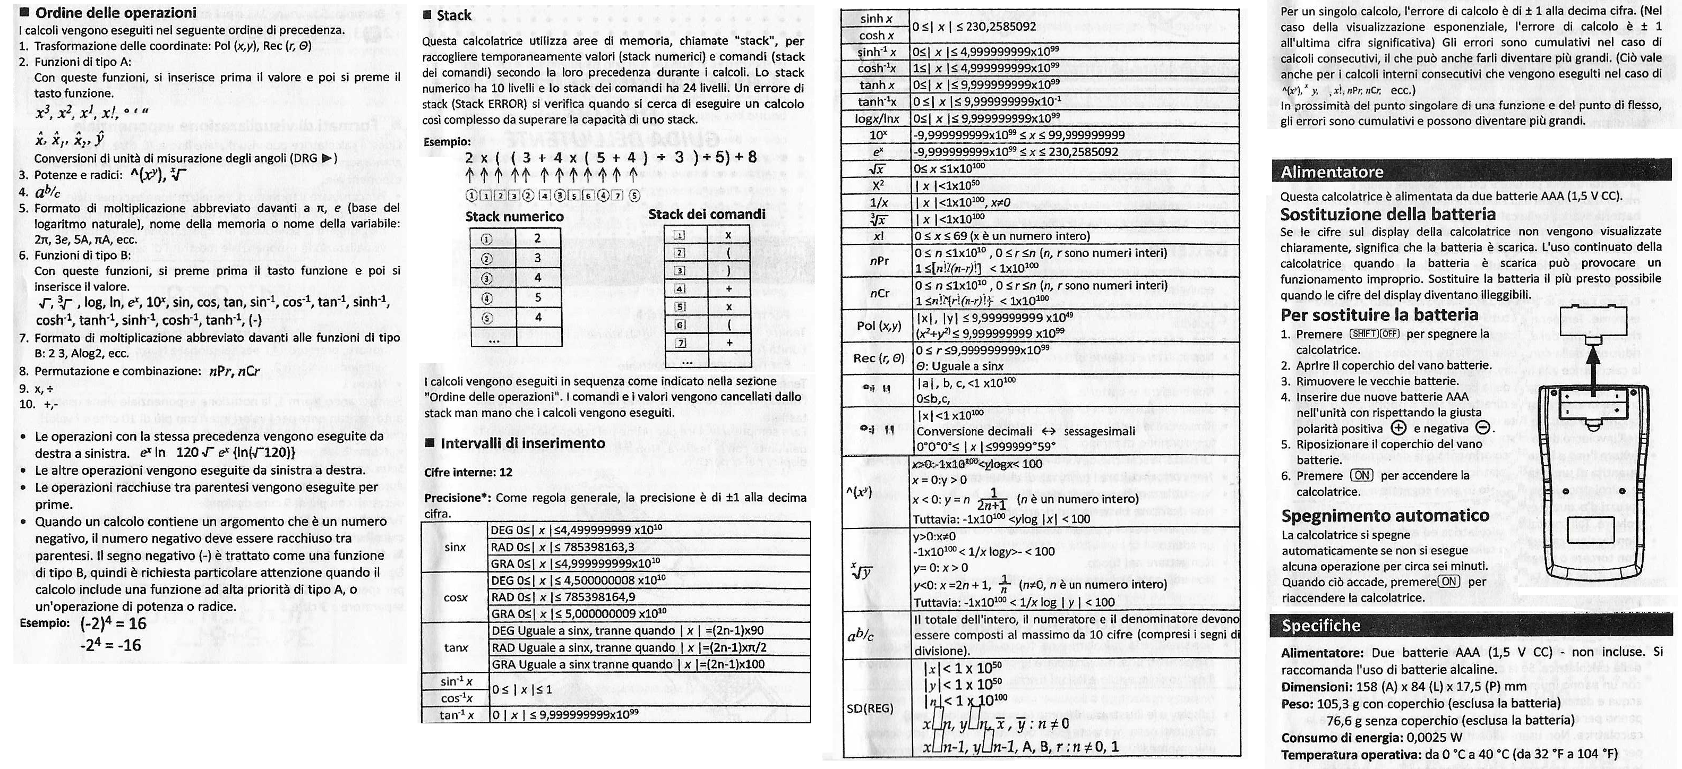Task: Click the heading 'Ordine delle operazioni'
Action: pos(116,12)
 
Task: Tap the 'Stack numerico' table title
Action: pos(514,216)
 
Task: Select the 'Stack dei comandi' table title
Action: pos(707,215)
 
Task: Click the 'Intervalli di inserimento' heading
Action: pos(522,443)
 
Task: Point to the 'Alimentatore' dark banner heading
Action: pos(1332,172)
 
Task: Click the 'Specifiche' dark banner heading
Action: pos(1321,625)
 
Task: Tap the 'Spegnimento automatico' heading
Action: pos(1385,516)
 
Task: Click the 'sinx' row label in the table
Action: pos(454,547)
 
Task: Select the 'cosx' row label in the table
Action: pos(455,597)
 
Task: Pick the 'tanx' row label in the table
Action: pos(456,647)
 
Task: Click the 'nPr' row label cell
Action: pos(879,261)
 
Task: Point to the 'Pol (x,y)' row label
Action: pos(878,326)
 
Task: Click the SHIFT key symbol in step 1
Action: pos(1363,334)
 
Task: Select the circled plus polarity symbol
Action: pos(1398,429)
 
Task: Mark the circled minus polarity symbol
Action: pos(1483,429)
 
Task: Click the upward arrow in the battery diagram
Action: pos(1593,372)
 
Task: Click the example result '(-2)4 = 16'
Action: pos(114,624)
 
